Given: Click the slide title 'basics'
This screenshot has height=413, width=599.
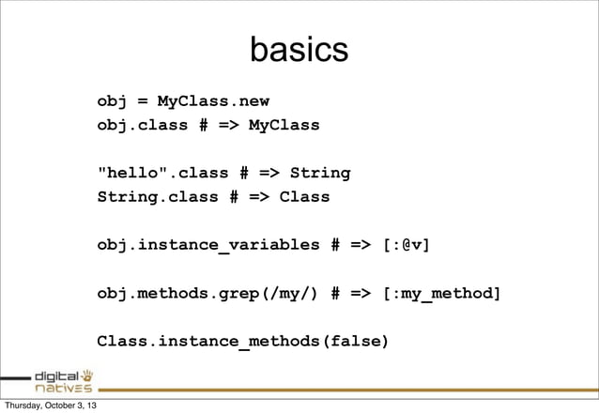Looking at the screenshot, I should tap(299, 52).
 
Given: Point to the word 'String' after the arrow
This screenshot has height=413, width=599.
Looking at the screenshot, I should tap(319, 173).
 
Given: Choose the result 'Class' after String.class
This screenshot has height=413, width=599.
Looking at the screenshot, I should tap(304, 197).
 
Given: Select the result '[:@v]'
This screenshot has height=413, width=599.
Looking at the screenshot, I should tap(406, 246).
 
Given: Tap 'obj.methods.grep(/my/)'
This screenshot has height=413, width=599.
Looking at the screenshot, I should tap(207, 294).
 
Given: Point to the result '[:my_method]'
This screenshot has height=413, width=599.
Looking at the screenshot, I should tap(441, 294).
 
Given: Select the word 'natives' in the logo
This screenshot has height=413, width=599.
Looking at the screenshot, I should tap(62, 386).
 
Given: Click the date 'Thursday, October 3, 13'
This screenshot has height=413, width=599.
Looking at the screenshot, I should tap(52, 405).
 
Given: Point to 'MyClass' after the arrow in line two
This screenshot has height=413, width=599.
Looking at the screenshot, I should tap(284, 125).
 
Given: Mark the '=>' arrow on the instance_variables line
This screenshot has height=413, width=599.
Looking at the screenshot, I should tap(361, 246).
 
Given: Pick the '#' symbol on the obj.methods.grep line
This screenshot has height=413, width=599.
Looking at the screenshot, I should tap(335, 294).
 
